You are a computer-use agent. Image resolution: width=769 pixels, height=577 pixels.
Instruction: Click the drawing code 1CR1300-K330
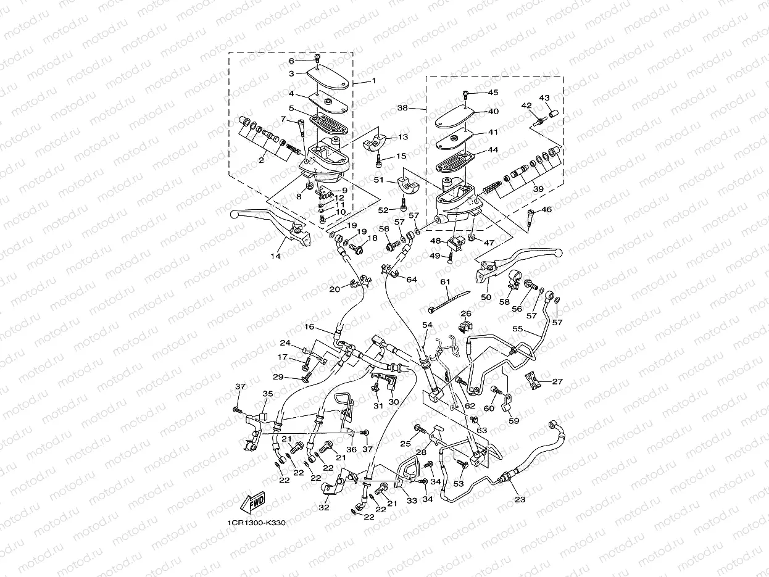tap(256, 523)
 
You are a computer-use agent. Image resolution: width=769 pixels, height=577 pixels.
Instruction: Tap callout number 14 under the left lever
tap(275, 255)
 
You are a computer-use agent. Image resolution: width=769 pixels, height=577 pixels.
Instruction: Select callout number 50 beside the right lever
tap(486, 297)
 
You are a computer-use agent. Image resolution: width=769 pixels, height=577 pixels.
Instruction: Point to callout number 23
tap(520, 499)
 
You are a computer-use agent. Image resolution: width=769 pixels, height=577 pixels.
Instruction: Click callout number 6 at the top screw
tap(292, 60)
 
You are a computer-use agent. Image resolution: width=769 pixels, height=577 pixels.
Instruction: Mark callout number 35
tap(267, 393)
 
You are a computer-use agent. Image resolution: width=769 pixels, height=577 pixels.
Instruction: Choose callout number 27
tap(557, 381)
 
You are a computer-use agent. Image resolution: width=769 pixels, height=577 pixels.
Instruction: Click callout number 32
tap(323, 508)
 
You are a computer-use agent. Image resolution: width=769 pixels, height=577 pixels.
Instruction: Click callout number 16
tap(309, 326)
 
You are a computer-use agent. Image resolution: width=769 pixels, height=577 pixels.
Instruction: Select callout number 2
tap(261, 160)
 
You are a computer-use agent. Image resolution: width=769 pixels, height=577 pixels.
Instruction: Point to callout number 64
tap(412, 280)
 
